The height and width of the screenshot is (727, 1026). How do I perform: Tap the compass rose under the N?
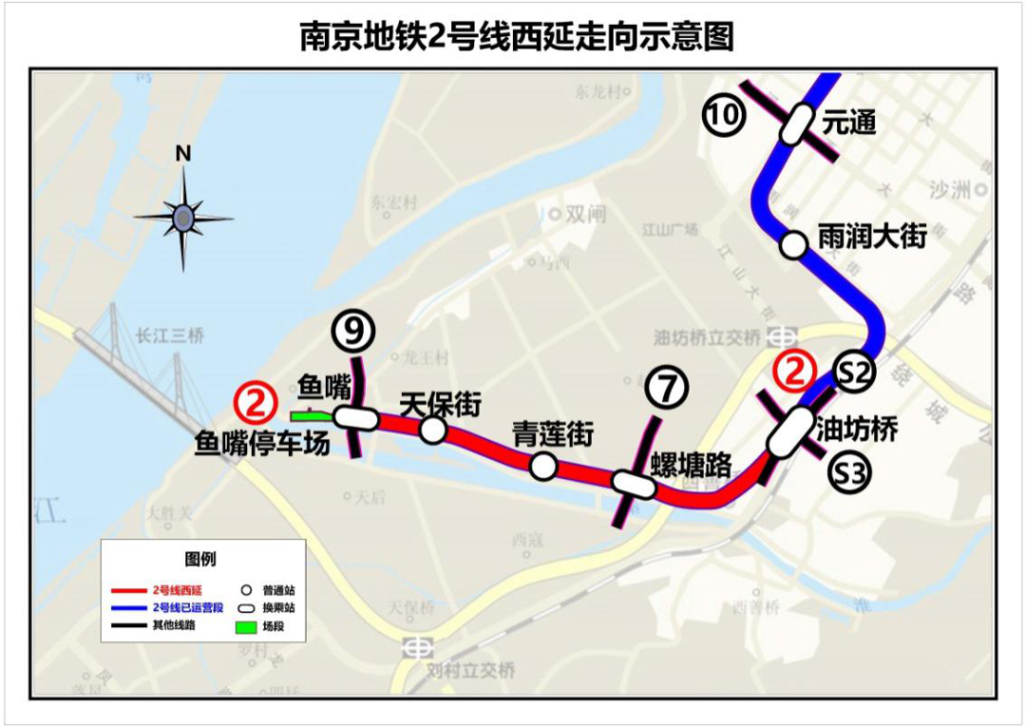click(x=182, y=219)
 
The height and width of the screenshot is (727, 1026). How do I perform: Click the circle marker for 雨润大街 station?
click(x=791, y=245)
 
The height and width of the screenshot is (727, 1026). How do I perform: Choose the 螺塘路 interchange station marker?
click(x=634, y=484)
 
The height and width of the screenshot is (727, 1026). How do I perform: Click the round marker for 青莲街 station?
click(x=543, y=466)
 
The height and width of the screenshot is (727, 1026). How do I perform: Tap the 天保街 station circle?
click(x=432, y=430)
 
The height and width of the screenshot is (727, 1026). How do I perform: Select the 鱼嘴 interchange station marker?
click(x=356, y=418)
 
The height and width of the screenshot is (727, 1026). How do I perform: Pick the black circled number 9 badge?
click(x=353, y=331)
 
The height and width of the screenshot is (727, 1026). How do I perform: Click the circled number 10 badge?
click(x=723, y=115)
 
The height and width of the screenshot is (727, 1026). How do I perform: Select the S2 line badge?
click(x=854, y=373)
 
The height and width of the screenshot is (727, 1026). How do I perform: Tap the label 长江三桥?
click(x=170, y=335)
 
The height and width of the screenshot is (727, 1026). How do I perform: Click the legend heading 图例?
click(x=200, y=559)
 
